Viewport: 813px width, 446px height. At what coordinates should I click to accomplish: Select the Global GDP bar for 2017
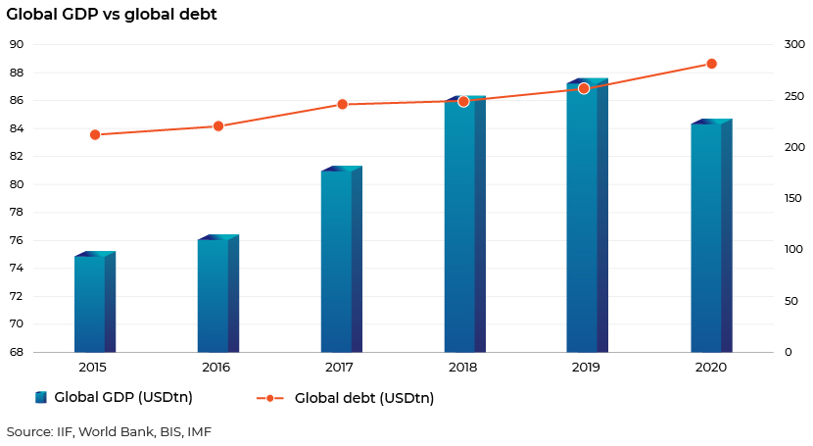[x=342, y=260]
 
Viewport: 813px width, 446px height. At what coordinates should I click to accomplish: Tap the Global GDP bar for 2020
[x=711, y=236]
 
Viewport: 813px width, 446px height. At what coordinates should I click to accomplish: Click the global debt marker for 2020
[x=711, y=64]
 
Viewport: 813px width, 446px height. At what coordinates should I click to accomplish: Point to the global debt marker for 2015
[x=95, y=135]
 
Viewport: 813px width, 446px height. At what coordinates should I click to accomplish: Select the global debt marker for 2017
[x=342, y=104]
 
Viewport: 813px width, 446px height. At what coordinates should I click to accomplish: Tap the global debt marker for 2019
[x=584, y=88]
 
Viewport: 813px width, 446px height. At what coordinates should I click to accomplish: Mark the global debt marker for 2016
[x=218, y=126]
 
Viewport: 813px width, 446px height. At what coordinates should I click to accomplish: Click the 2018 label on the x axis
[x=463, y=368]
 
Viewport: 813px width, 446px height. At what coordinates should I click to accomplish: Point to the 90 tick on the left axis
[x=17, y=45]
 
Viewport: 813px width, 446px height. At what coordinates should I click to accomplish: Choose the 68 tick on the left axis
[x=17, y=352]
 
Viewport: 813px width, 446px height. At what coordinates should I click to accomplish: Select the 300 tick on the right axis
[x=794, y=45]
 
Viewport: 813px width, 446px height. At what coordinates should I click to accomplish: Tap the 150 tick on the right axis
[x=793, y=198]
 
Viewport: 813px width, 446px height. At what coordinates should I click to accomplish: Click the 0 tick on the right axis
[x=789, y=352]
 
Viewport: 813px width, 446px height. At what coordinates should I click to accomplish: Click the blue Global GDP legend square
[x=41, y=397]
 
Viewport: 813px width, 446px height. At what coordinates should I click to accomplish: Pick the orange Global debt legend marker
[x=270, y=398]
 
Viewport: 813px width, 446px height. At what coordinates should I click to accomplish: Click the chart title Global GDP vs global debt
[x=112, y=14]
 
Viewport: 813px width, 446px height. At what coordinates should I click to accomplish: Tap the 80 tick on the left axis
[x=17, y=184]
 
